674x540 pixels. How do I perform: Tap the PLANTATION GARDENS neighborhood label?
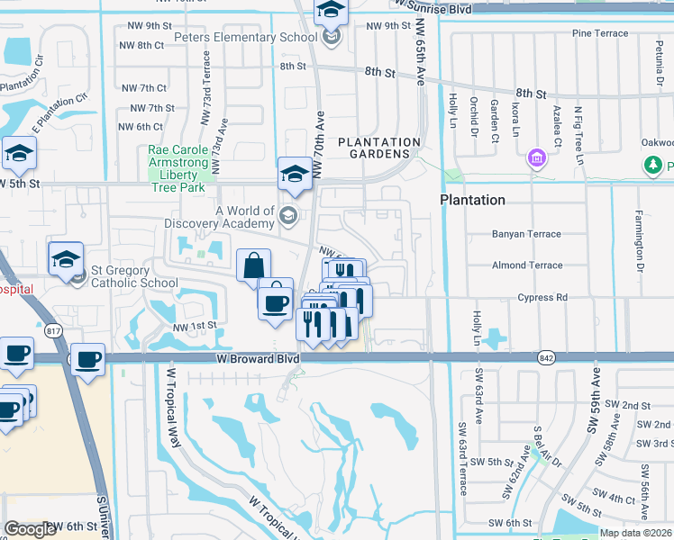point(379,148)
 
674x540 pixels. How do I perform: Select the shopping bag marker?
point(254,265)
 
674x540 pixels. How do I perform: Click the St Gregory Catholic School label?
point(133,276)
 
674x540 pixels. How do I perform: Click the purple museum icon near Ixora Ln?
point(538,158)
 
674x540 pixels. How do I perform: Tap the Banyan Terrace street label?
point(526,234)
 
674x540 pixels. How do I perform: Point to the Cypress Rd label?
point(542,297)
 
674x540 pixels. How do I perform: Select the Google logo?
point(30,529)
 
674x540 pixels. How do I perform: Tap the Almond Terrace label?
point(526,265)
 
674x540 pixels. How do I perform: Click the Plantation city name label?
point(472,199)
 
